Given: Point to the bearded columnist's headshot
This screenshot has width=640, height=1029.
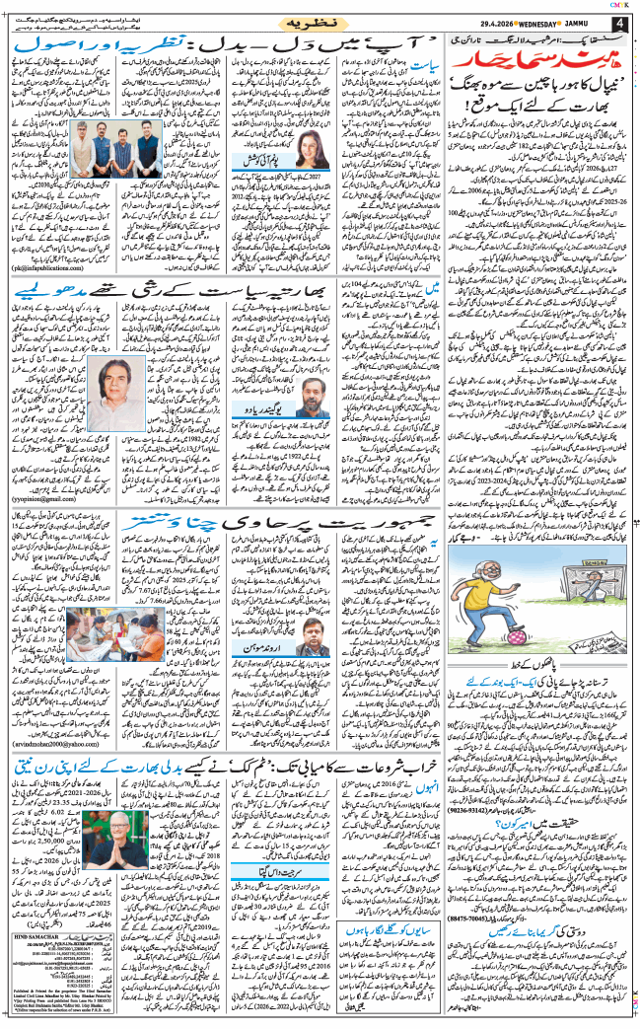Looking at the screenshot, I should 311,394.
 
